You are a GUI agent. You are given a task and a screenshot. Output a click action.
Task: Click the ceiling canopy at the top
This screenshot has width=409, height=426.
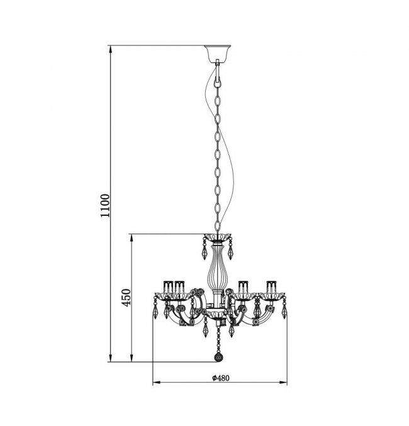(218, 54)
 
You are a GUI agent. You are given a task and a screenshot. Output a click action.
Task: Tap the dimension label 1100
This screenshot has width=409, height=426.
(105, 205)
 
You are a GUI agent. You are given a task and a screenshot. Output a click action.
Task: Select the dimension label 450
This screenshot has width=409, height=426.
(126, 297)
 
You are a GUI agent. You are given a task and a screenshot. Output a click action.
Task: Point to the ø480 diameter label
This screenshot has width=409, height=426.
(221, 378)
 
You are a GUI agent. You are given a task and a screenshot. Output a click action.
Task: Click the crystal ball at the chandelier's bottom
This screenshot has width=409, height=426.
(218, 357)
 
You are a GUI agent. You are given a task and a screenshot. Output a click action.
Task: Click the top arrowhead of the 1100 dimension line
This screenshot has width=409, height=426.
(110, 50)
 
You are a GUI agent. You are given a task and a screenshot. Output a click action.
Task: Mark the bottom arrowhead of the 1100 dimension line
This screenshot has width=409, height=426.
(110, 357)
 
